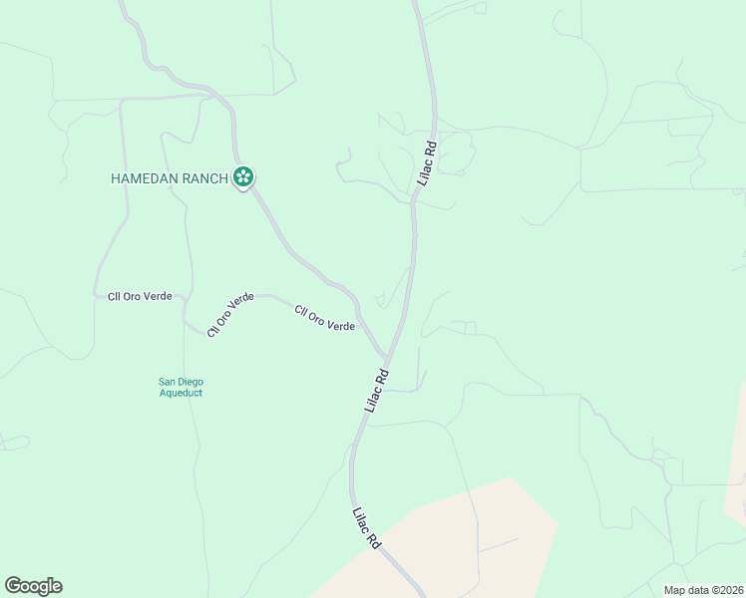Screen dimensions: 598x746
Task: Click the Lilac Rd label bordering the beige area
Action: pos(366,528)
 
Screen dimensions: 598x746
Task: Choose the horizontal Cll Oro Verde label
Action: pos(140,296)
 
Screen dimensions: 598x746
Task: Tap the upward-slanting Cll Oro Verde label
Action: pos(230,315)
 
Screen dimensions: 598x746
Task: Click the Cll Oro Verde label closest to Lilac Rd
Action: pos(325,319)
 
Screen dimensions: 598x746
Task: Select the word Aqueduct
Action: pos(181,393)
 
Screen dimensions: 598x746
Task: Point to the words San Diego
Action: pos(181,381)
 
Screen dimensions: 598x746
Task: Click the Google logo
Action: pos(33,586)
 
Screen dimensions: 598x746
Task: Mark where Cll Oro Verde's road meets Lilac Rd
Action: pos(387,356)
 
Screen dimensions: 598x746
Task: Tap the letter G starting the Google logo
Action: pos(13,586)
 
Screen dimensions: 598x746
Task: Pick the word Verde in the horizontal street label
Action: pos(157,296)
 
